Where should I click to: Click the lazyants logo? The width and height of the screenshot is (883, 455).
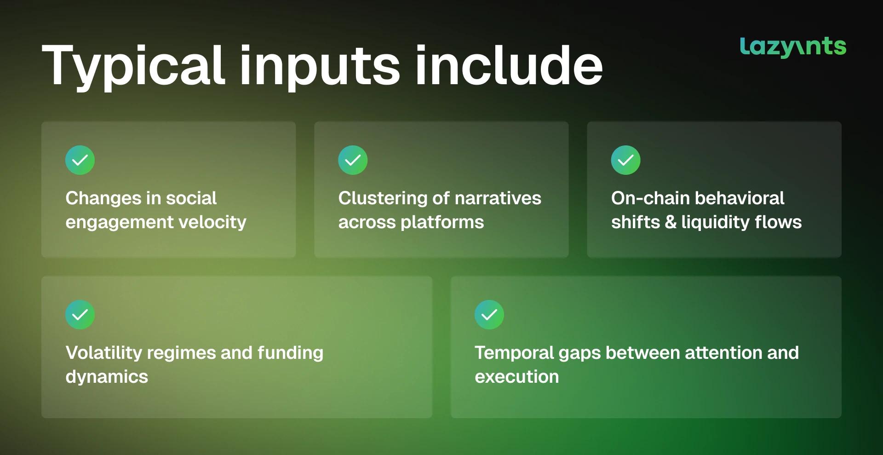793,47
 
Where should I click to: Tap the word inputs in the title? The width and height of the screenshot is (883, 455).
320,66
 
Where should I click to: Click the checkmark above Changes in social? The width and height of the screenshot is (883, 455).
80,160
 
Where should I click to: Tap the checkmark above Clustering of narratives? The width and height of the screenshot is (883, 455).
353,160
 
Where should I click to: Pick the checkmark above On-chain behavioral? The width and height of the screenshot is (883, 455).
625,160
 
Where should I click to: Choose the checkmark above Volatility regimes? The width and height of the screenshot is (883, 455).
80,315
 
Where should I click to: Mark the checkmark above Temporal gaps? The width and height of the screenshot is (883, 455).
489,315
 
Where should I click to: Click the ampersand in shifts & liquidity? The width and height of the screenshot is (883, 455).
671,222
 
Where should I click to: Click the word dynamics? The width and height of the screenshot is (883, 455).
107,377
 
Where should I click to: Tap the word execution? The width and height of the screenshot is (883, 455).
517,377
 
